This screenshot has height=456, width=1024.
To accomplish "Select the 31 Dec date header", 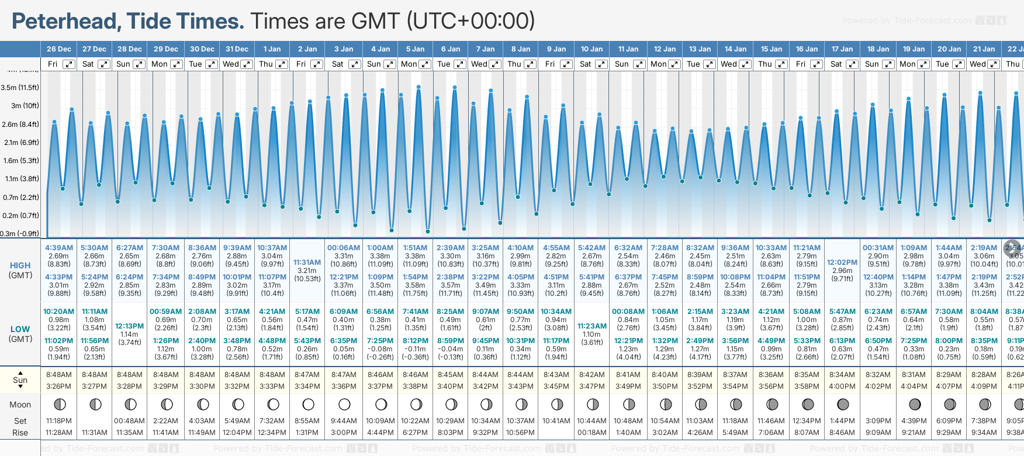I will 237,49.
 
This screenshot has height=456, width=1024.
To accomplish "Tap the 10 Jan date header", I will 591,49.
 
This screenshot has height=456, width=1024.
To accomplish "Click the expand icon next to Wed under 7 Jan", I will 495,64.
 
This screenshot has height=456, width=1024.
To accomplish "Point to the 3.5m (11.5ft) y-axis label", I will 20,88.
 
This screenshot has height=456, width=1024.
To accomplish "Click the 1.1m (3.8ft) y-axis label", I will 20,179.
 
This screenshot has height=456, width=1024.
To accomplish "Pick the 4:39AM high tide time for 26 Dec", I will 59,248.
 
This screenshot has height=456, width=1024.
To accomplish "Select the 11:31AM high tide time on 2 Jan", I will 307,262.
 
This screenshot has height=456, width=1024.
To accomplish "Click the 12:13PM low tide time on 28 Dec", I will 129,326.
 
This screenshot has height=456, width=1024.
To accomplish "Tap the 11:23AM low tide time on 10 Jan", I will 591,326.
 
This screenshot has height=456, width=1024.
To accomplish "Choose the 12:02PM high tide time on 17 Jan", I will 842,262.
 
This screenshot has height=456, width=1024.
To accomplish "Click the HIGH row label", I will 20,265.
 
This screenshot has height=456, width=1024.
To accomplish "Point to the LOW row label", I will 20,329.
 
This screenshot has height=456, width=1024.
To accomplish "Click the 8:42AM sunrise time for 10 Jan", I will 591,375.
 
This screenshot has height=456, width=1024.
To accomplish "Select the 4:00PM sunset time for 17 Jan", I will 842,386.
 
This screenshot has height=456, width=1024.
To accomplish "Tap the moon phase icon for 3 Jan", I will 344,405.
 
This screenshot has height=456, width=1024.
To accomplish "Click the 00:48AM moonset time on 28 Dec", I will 129,421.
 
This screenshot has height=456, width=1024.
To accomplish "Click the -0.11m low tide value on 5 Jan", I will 416,349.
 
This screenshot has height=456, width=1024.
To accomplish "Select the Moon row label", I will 20,405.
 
